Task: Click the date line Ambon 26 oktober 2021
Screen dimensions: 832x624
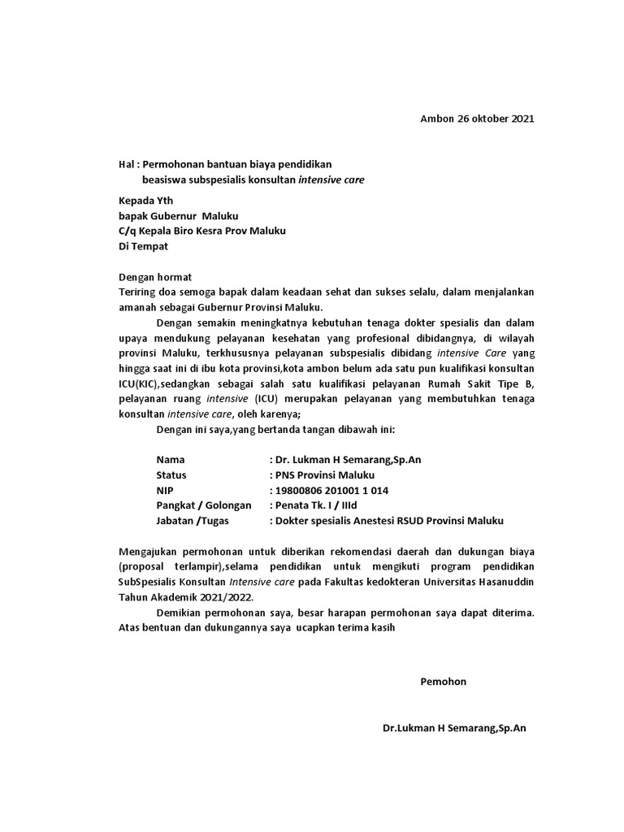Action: [477, 119]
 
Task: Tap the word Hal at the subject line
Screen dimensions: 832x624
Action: [127, 164]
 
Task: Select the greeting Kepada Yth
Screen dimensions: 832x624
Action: [145, 201]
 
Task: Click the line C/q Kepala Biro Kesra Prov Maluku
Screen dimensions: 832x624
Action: [202, 230]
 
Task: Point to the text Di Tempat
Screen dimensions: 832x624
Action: [143, 245]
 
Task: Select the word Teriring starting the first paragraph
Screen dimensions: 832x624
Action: [138, 292]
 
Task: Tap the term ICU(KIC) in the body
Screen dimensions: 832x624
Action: [145, 383]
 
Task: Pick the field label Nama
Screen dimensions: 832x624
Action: [171, 460]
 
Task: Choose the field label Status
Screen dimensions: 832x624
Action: [171, 475]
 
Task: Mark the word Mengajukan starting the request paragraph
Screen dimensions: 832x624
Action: [149, 552]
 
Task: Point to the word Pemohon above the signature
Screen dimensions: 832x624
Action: [443, 681]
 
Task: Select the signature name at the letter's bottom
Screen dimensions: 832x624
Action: [454, 728]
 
